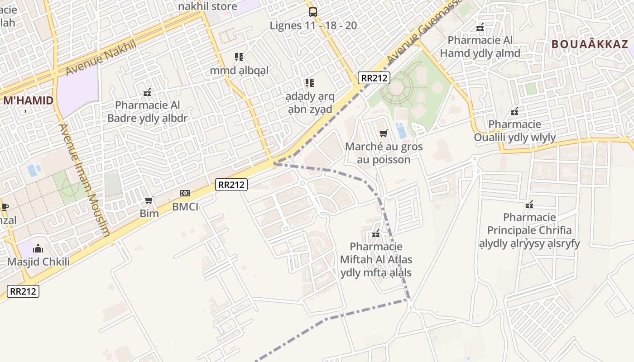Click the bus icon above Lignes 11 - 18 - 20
312,12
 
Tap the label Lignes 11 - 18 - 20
313,25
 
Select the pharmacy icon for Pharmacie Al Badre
147,92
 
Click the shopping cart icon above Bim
149,200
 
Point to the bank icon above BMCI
185,193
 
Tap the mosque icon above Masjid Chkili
38,248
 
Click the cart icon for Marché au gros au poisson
384,133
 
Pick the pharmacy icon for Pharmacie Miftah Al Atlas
375,234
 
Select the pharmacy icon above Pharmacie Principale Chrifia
529,205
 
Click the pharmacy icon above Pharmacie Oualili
514,111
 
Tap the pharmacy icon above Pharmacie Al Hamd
480,27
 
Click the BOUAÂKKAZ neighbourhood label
590,44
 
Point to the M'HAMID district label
28,101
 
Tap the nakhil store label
207,6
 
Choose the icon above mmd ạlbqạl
239,57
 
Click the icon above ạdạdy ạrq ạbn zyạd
309,83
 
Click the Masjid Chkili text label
38,262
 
